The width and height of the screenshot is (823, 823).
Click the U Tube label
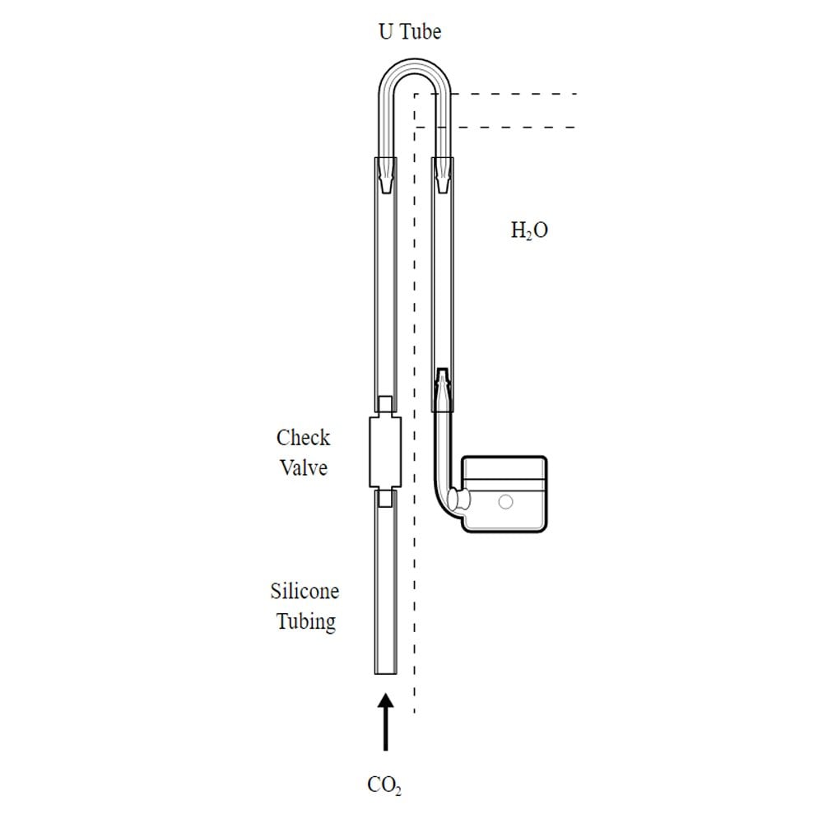(410, 31)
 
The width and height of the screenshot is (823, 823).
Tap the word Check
(304, 438)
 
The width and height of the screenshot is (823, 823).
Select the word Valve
(304, 467)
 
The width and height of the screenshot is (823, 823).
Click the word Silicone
(305, 591)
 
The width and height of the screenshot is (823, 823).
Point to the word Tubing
(306, 622)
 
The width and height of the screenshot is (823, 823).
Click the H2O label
(529, 230)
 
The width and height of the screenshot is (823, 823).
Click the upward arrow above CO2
(386, 723)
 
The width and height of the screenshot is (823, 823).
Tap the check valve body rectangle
(385, 453)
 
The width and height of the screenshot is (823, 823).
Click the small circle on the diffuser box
(505, 502)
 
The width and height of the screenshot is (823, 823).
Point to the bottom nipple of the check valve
(385, 498)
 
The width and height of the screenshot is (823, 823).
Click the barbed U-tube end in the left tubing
(386, 176)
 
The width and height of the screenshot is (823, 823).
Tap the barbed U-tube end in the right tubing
(443, 176)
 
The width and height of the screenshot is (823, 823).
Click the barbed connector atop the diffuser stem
(443, 389)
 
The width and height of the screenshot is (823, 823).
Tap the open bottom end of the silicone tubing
(386, 673)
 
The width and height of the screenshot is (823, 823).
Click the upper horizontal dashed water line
(496, 95)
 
